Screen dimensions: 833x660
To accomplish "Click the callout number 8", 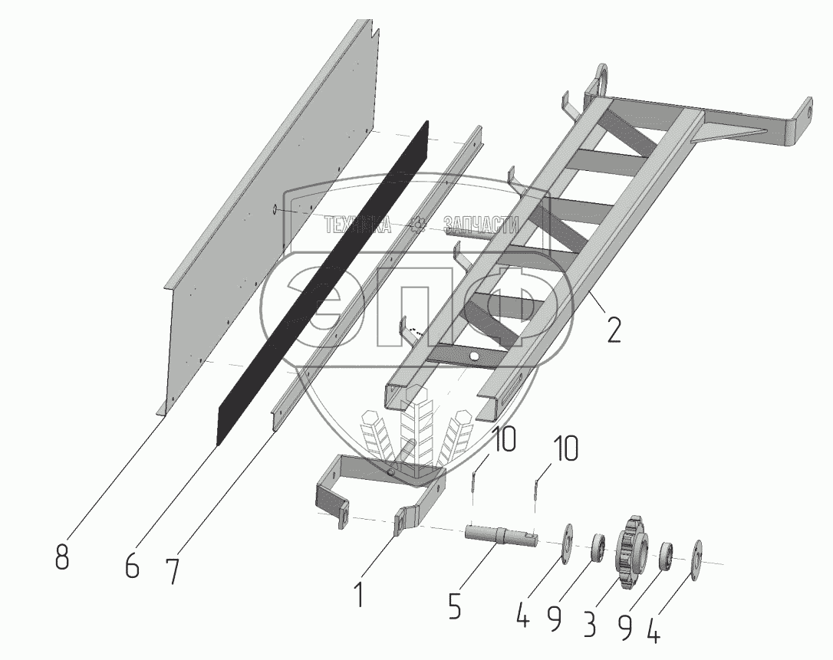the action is (62, 558).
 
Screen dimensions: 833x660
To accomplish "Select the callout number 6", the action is (132, 566).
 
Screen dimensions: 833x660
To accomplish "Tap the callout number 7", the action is (172, 572).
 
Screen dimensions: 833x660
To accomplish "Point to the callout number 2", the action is (613, 330).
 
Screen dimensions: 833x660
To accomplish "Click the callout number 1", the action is (360, 595).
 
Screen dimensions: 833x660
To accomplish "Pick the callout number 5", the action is (454, 606).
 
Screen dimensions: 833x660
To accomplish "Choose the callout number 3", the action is (590, 625).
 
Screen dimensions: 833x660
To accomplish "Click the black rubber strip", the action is (322, 283).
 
